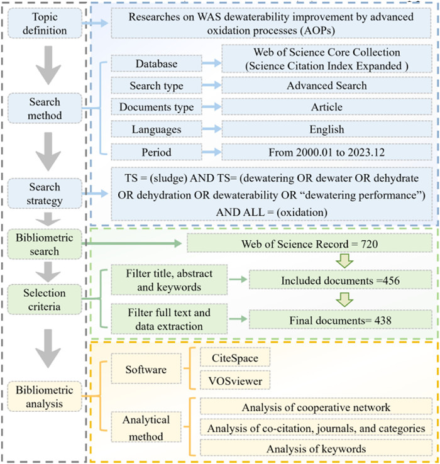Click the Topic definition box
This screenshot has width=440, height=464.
point(45,24)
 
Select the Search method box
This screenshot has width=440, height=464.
point(45,108)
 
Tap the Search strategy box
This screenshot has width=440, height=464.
point(45,194)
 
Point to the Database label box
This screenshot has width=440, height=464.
point(157,64)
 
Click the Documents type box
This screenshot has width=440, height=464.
point(157,107)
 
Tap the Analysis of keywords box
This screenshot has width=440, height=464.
point(316,448)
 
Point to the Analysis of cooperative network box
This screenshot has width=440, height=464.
point(316,407)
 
